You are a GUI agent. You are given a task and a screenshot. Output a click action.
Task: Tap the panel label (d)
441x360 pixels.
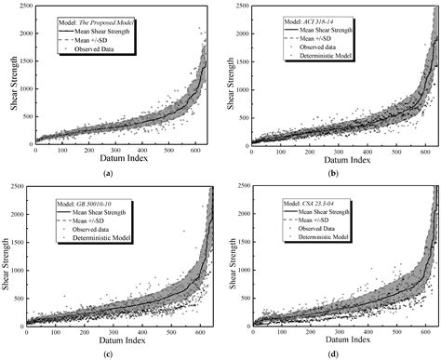coord(333,354)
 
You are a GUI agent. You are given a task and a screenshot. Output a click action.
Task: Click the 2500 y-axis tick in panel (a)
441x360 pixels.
coord(21,8)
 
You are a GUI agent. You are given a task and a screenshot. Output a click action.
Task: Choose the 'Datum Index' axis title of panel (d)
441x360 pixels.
coord(332,342)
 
